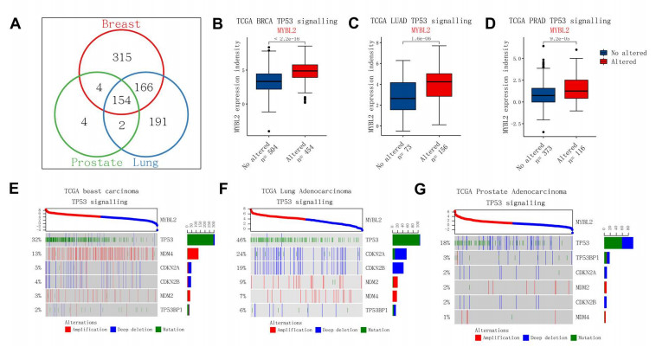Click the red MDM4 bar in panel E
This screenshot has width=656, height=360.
(193, 254)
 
